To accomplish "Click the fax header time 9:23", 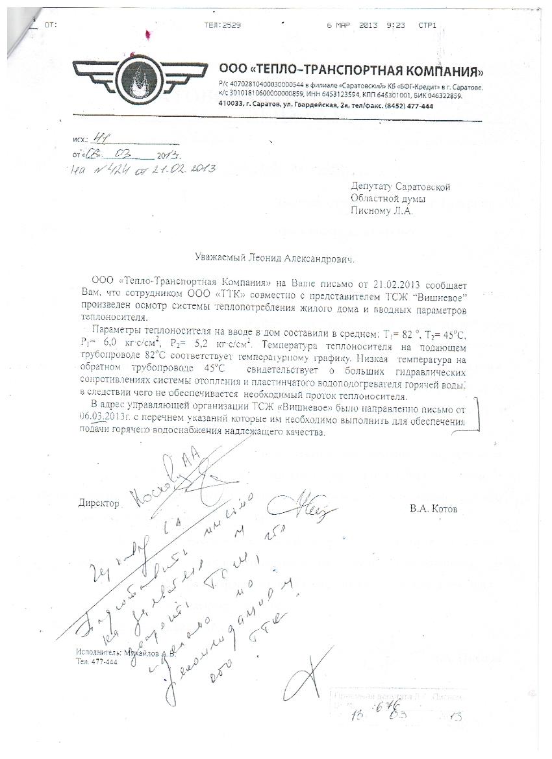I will coord(395,25).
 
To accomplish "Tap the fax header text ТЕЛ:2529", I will coord(222,25).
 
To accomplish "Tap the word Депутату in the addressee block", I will coord(374,188).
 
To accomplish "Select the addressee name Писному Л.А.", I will coord(381,210).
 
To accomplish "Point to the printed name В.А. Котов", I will coord(433,510).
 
